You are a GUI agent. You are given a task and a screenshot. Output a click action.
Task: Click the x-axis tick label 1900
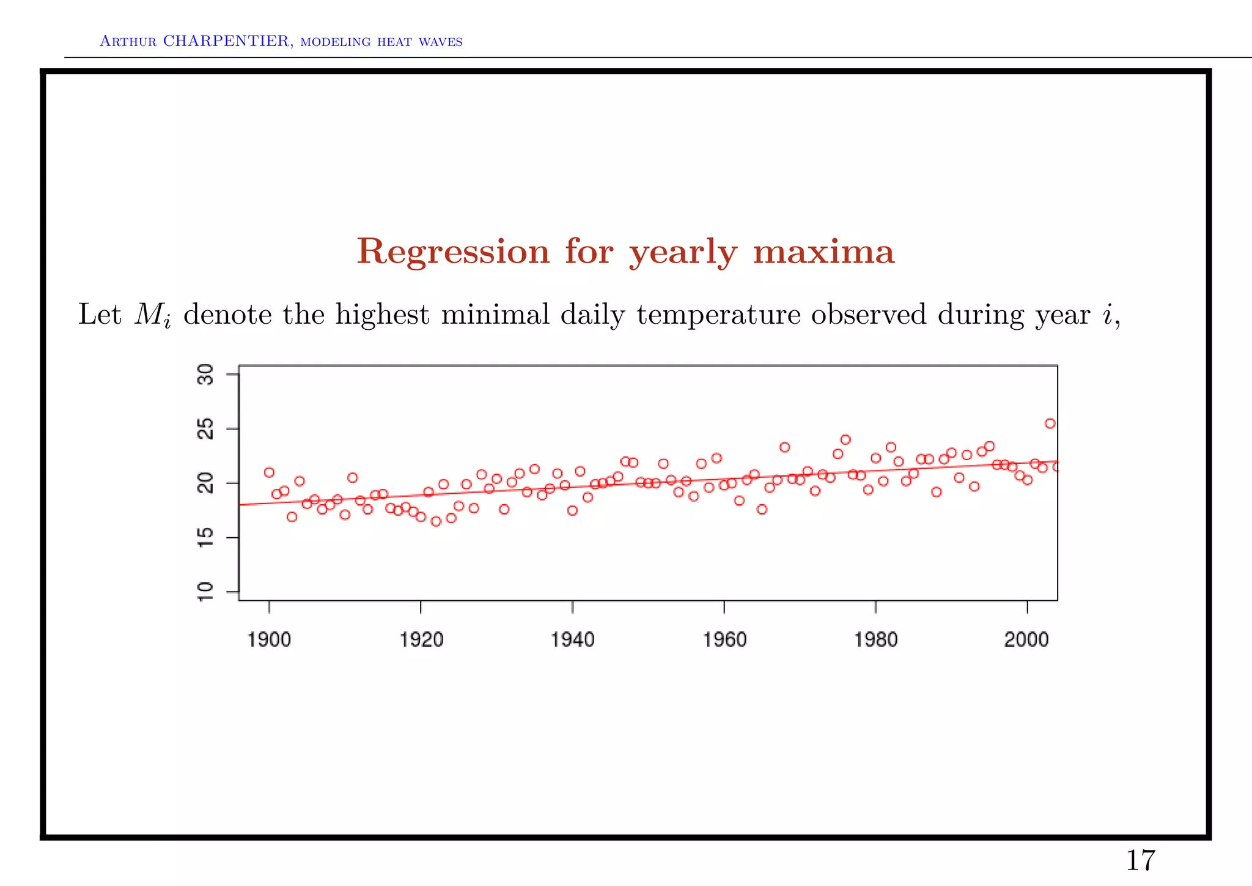pos(269,639)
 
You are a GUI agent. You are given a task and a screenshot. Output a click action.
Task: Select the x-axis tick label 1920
pos(421,639)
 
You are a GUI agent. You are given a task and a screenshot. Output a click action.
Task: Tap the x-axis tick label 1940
pos(572,639)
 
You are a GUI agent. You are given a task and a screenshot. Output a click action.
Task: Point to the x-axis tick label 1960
pos(724,639)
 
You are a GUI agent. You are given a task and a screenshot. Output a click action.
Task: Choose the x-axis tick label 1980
pos(875,639)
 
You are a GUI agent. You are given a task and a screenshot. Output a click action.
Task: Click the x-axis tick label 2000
pos(1026,639)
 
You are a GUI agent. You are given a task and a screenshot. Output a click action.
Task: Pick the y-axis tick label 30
pos(206,374)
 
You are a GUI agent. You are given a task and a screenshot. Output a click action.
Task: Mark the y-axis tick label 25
pos(206,429)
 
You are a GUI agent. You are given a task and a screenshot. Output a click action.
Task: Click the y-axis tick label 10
pos(206,592)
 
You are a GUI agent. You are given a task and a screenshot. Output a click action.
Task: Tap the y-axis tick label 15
pos(206,537)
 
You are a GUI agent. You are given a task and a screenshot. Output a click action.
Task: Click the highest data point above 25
pos(1050,423)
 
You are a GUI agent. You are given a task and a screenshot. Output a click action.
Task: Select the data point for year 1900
pos(269,472)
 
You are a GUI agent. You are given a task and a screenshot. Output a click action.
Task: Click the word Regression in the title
pos(453,251)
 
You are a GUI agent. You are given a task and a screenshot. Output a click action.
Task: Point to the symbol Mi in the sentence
pos(152,316)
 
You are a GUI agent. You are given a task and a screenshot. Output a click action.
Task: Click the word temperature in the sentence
pos(718,316)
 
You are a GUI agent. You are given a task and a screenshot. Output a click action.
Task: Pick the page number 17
pos(1140,860)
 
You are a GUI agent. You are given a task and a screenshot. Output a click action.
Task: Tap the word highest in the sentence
pos(382,316)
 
